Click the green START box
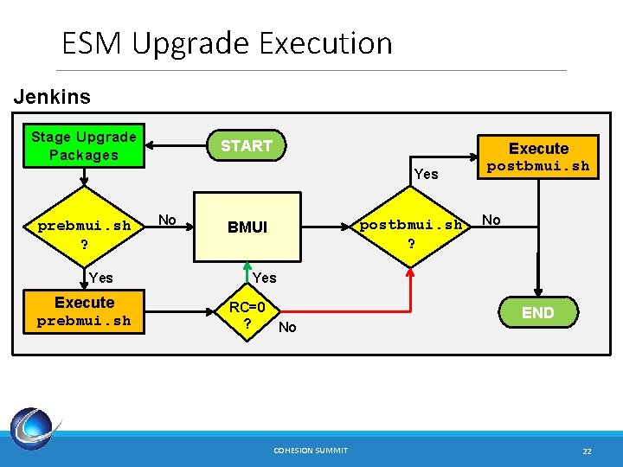(246, 146)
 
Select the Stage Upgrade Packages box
(84, 146)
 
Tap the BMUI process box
(247, 227)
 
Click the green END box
(538, 313)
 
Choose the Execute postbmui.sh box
(538, 157)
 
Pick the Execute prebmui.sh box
(84, 311)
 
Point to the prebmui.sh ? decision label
(84, 234)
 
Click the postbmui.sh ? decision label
(411, 234)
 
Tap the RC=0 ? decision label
(253, 315)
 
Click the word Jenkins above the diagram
(52, 97)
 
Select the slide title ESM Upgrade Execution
(227, 42)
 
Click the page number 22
(587, 451)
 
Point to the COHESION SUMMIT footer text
(311, 451)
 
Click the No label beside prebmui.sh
(167, 221)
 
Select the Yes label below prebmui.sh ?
(100, 278)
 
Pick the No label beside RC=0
(287, 327)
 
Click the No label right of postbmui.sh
(491, 220)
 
